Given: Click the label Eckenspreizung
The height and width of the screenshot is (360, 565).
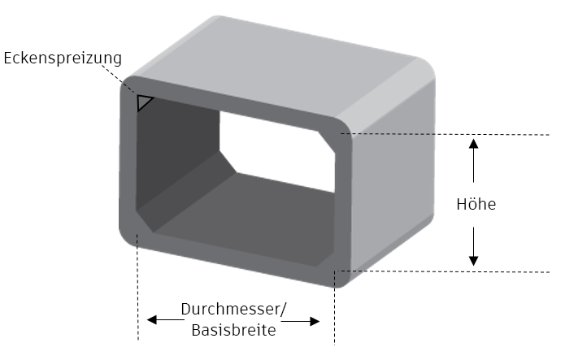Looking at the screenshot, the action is point(63,58).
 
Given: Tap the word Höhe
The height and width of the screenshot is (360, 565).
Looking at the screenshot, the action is point(476,204).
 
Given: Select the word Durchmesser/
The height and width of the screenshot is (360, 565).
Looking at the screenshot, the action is point(234,309).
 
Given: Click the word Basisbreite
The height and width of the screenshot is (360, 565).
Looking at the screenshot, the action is point(233,330).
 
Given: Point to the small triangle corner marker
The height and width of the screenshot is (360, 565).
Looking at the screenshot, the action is point(143,102).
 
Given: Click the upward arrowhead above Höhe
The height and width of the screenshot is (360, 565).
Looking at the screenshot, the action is point(473,144).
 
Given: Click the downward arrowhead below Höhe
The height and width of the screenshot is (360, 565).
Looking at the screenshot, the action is point(473,261).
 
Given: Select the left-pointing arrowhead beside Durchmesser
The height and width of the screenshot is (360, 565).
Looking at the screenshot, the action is point(152,319).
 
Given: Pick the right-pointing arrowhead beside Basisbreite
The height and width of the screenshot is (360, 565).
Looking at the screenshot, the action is point(315,322).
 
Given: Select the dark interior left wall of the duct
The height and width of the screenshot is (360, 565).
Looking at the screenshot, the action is point(176,151).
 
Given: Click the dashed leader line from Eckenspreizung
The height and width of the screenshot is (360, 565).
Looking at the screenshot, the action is point(120,80).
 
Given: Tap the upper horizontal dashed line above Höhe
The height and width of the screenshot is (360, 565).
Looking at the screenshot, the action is point(445,134).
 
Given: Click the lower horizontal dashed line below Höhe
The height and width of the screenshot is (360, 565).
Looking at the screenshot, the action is point(442,271).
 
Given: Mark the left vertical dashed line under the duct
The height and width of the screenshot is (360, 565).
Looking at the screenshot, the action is point(137,287).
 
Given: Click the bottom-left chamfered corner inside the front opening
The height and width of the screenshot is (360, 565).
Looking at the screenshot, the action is point(145,221).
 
